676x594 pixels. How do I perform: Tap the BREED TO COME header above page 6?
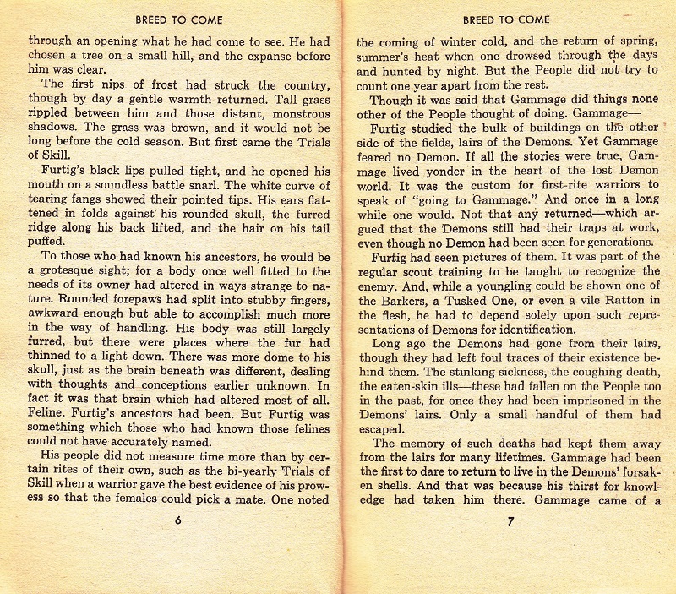[177, 19]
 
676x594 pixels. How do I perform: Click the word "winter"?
[458, 41]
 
